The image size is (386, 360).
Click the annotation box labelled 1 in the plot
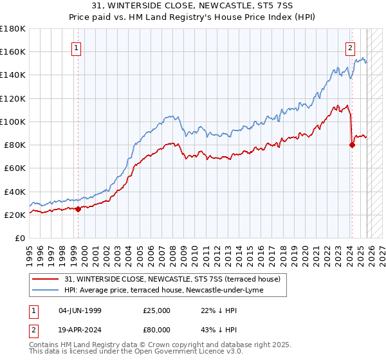point(77,47)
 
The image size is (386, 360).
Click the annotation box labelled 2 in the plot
point(350,47)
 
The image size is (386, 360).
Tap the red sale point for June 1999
point(78,208)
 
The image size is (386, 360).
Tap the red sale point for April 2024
point(352,145)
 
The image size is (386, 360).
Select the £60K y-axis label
point(15,168)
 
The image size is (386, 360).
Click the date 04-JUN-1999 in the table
point(80,310)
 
